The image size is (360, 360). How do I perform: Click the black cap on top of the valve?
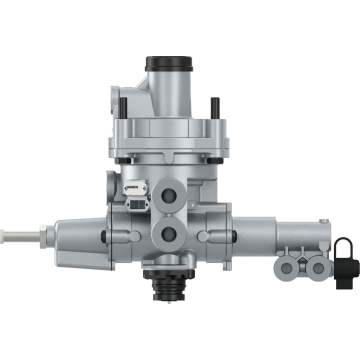pyautogui.click(x=169, y=64)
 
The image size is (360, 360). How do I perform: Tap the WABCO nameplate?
pyautogui.click(x=136, y=187)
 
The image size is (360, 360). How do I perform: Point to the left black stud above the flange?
pyautogui.click(x=123, y=105)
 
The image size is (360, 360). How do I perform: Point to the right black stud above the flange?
pyautogui.click(x=214, y=106)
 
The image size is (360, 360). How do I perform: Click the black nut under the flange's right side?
pyautogui.click(x=214, y=160)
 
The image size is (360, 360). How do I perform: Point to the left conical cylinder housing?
pyautogui.click(x=80, y=237)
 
